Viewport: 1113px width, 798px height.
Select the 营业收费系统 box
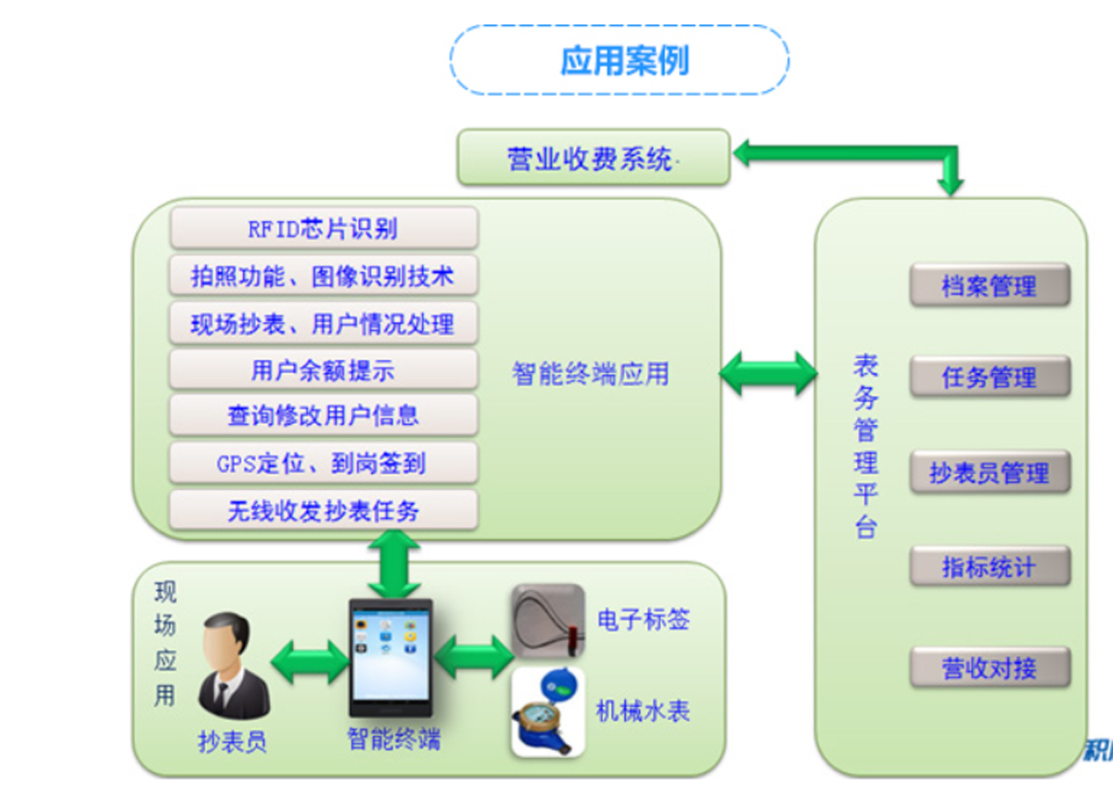coord(594,159)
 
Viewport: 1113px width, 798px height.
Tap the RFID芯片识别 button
coord(324,227)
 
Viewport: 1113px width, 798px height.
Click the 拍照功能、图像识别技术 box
coord(324,276)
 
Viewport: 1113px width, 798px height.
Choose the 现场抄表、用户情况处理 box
coord(324,324)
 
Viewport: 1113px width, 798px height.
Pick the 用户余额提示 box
coord(324,370)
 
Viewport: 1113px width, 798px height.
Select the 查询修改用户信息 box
coord(324,415)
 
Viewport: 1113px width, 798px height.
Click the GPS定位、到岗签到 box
coord(324,462)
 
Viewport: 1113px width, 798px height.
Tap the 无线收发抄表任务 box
coord(324,510)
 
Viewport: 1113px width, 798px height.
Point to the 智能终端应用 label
coord(590,373)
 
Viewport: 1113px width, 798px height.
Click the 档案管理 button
coord(990,286)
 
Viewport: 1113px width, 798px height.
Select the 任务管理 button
coord(990,378)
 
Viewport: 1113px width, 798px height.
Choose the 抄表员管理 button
coord(990,473)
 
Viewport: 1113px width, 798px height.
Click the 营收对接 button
coord(990,668)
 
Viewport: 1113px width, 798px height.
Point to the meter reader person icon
coord(233,665)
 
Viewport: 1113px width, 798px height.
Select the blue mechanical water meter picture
coord(548,713)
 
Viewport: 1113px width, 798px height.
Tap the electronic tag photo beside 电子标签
coord(548,621)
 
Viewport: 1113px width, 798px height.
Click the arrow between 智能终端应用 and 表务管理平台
coord(768,373)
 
